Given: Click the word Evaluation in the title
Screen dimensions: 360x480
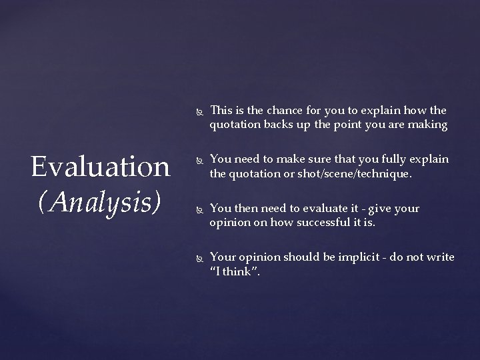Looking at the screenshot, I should click(x=100, y=167).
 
